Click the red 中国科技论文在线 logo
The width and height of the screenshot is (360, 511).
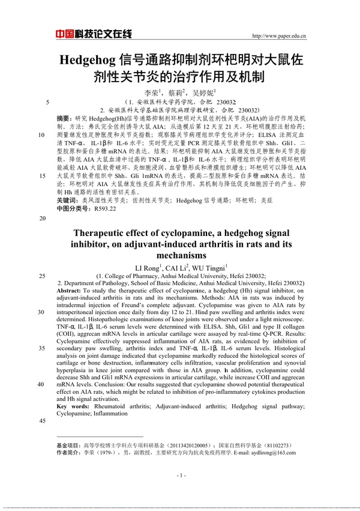pos(93,35)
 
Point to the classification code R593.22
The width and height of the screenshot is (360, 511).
pos(102,208)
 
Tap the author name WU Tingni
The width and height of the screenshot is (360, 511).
pos(210,267)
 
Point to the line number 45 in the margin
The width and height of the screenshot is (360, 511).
pos(42,420)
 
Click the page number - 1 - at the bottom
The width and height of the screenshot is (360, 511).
pos(180,475)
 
